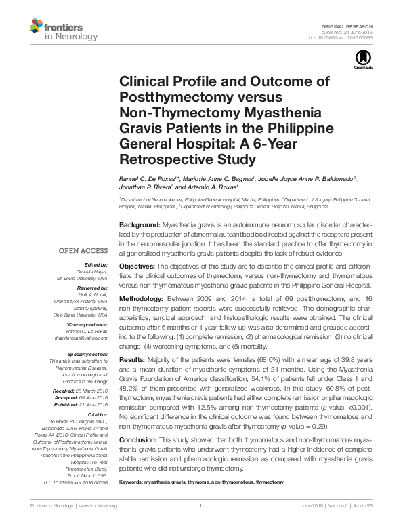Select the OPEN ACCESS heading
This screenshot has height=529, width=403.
click(84, 250)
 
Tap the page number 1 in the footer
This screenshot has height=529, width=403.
click(201, 506)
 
